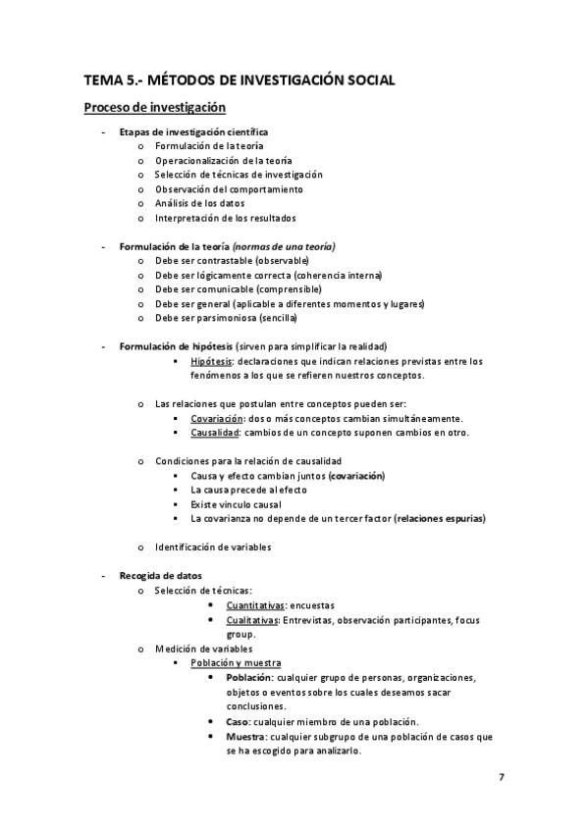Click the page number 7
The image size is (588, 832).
click(x=501, y=777)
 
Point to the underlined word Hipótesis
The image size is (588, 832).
click(x=211, y=361)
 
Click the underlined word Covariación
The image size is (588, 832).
click(x=217, y=419)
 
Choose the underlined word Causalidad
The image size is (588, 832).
click(x=215, y=433)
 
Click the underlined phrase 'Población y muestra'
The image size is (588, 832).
click(x=236, y=663)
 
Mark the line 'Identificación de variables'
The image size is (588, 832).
click(x=213, y=546)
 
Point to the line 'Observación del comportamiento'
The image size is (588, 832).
click(x=229, y=189)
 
